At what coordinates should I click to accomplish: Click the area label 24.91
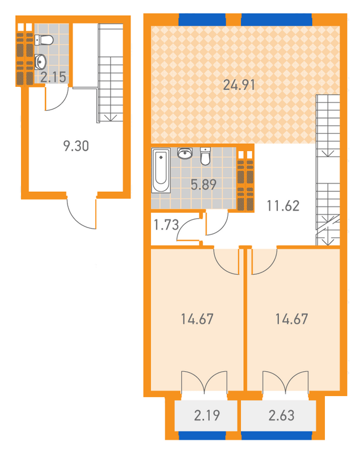(239, 85)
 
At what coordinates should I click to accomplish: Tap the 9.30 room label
(76, 146)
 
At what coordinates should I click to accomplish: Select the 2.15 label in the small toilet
(53, 77)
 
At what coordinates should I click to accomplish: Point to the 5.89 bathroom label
(204, 184)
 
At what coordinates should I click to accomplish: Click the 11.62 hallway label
(283, 205)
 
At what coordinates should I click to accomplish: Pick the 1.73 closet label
(166, 225)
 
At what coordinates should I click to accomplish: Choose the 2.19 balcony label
(207, 415)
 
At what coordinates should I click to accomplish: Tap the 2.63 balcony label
(281, 415)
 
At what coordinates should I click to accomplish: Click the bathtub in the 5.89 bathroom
(161, 170)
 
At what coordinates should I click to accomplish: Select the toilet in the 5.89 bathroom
(205, 157)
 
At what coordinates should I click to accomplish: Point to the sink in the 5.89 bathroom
(185, 153)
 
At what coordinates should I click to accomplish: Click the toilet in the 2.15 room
(44, 40)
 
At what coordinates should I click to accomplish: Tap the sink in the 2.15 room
(40, 61)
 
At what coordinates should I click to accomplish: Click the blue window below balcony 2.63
(277, 435)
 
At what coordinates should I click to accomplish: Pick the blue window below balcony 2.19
(202, 435)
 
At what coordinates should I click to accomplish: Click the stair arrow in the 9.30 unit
(111, 117)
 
